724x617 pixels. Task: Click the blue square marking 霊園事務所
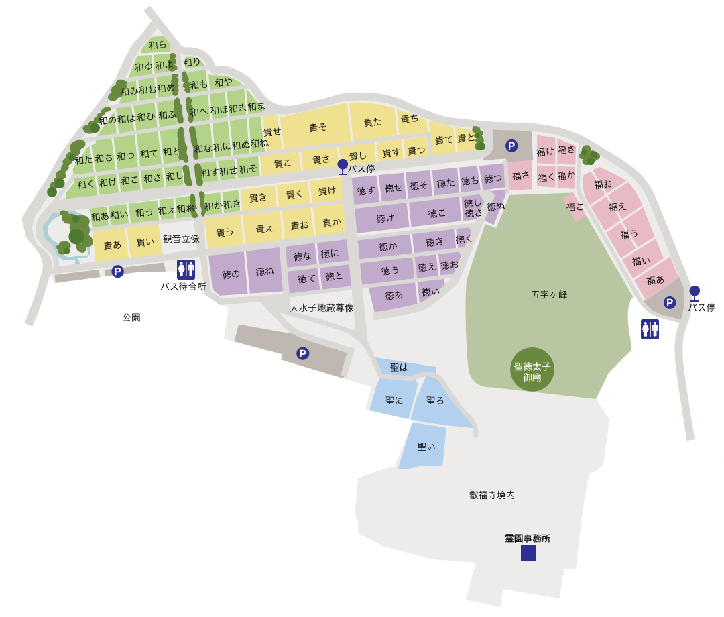coord(528,553)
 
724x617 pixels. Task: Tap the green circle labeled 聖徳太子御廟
coord(532,368)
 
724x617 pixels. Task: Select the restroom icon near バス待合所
coord(186,269)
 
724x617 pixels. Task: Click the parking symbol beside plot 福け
coord(511,146)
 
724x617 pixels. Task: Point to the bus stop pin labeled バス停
coord(343,166)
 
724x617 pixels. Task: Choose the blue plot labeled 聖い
coord(426,446)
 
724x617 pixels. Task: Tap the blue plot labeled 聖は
coord(399,368)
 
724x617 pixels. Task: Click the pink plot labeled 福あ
coord(655,280)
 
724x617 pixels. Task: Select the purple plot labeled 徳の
coord(231,274)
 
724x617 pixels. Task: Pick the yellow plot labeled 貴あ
coord(112,245)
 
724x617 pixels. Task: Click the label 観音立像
coord(181,239)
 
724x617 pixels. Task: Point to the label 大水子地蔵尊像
coord(322,308)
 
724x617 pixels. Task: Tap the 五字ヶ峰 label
coord(549,294)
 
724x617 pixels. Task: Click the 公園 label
coord(131,317)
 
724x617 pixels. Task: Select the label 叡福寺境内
coord(492,495)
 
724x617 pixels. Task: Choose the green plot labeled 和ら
coord(158,45)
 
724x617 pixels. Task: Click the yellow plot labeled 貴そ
coord(318,127)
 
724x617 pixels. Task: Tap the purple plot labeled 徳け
coord(385,218)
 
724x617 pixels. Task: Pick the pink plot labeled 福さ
coord(520,176)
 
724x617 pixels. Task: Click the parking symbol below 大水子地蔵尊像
coord(303,353)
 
